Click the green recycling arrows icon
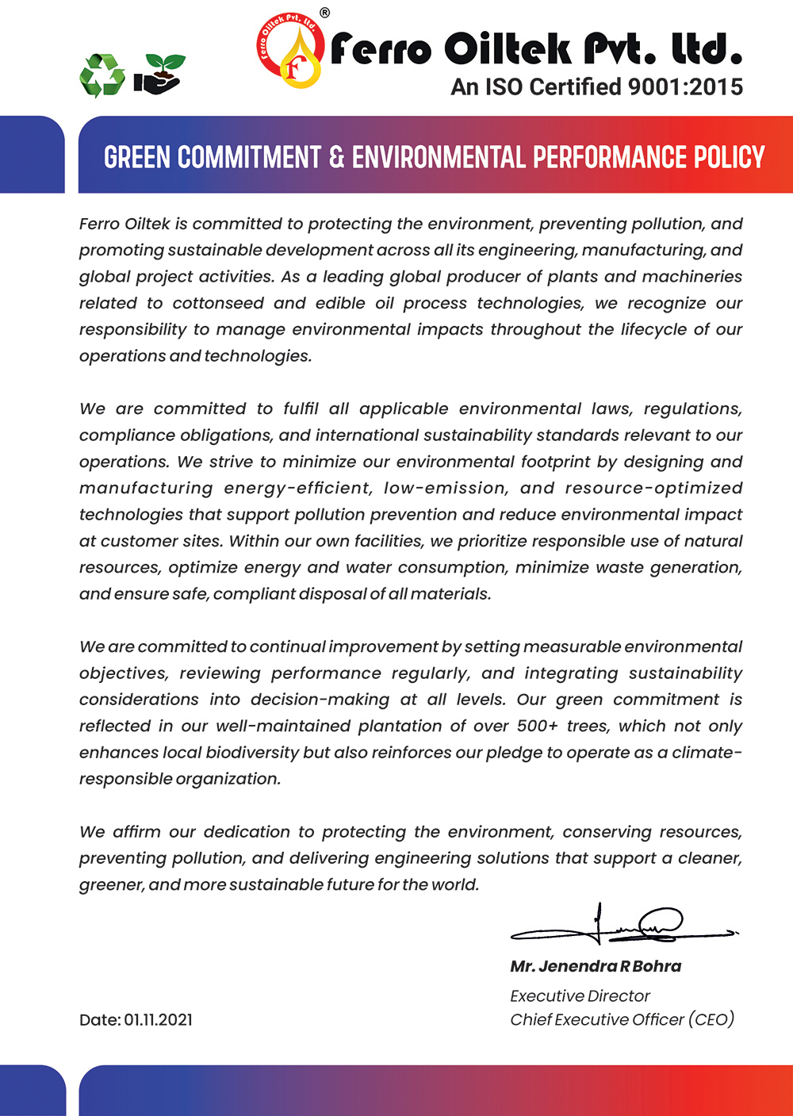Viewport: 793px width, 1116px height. (102, 75)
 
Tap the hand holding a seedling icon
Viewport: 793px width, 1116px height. (159, 74)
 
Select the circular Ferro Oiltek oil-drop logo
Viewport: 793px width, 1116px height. (290, 52)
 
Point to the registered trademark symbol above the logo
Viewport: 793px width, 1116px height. (324, 13)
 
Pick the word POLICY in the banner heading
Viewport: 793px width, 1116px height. (729, 157)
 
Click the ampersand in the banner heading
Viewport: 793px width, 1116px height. (336, 157)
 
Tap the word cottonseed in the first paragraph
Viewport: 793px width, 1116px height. (217, 303)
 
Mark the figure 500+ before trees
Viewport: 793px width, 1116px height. (538, 726)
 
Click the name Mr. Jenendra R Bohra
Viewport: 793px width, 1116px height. (596, 966)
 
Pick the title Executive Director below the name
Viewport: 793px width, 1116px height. (580, 995)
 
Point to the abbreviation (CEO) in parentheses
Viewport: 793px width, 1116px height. (711, 1019)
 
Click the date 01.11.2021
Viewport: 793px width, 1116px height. (158, 1020)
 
